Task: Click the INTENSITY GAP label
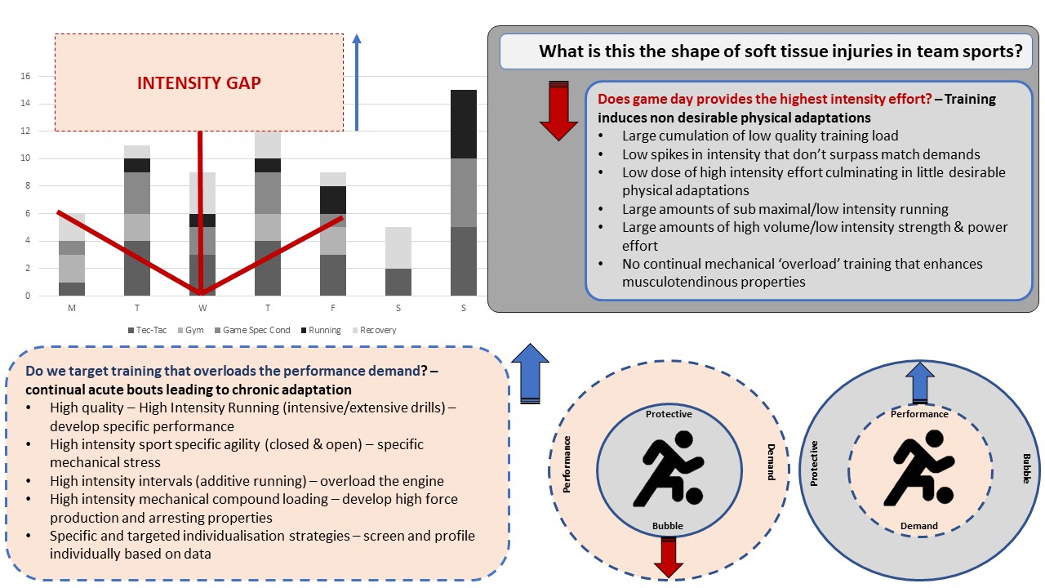[x=198, y=83]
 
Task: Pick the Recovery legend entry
[x=374, y=330]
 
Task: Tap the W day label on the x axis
[x=202, y=309]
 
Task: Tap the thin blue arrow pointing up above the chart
[x=356, y=82]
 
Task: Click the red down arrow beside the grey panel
[x=558, y=110]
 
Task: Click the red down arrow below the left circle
[x=669, y=558]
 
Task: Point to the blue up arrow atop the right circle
[x=920, y=382]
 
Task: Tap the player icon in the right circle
[x=920, y=469]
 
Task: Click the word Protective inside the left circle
[x=669, y=414]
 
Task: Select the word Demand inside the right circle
[x=919, y=526]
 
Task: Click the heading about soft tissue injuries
[x=780, y=51]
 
